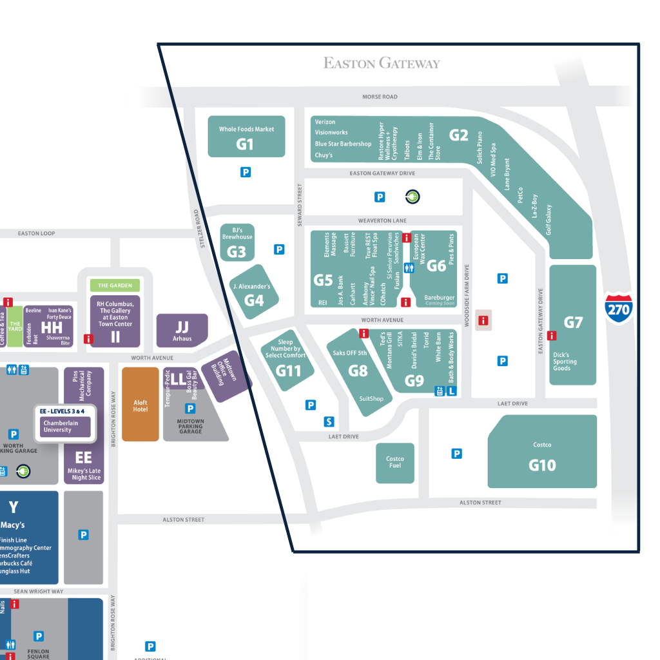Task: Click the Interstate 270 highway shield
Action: coord(618,309)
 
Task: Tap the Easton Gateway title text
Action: coord(382,63)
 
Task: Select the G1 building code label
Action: coord(245,144)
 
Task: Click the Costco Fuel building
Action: coord(394,463)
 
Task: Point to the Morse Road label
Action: coord(380,97)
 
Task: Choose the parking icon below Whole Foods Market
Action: coord(246,172)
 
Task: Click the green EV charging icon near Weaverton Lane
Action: coord(412,197)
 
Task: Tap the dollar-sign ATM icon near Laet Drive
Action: coord(329,422)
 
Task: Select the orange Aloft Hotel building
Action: coord(141,404)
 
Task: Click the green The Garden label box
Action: coord(115,285)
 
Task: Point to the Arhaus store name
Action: coord(182,338)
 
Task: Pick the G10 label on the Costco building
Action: coord(542,465)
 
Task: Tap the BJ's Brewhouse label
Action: coord(237,233)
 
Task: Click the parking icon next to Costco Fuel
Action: coord(457,454)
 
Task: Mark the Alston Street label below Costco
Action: coord(480,503)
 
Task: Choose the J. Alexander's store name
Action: coord(252,286)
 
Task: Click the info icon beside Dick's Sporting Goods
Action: coord(552,335)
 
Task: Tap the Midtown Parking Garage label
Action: coord(190,426)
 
